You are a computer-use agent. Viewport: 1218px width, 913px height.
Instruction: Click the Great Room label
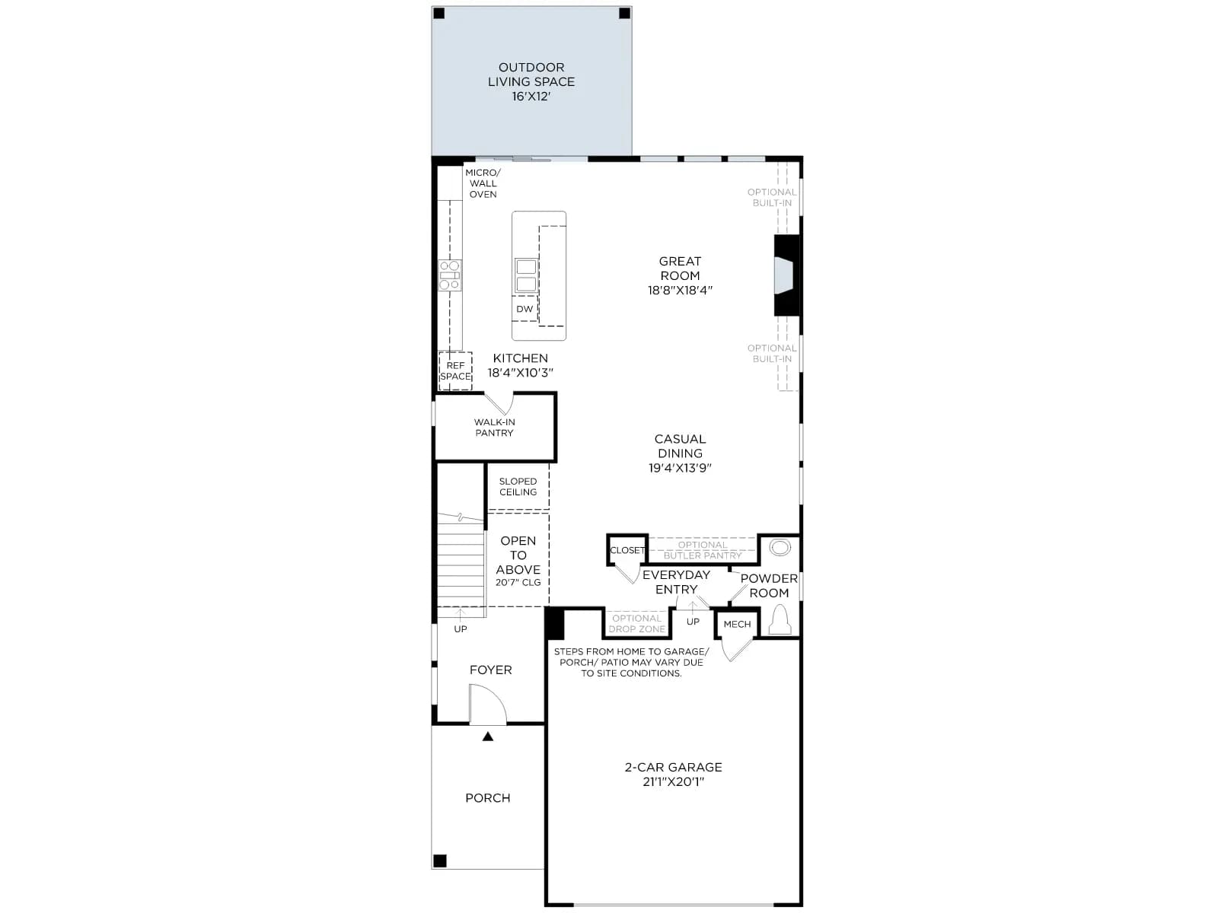[680, 269]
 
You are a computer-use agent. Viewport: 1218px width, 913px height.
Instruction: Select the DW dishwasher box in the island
[525, 309]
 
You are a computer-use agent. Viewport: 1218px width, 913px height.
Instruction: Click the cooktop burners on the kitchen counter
[449, 275]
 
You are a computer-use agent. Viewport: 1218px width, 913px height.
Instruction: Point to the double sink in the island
[526, 275]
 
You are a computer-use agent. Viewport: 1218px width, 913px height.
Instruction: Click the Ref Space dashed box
[455, 371]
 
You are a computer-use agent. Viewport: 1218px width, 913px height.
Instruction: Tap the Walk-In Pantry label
[494, 428]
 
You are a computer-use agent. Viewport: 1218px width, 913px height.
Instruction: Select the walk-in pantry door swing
[500, 403]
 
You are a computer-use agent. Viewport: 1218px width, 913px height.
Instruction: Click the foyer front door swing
[488, 704]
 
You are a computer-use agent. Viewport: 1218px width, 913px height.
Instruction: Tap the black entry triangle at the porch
[488, 736]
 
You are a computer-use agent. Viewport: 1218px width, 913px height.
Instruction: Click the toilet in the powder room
[780, 620]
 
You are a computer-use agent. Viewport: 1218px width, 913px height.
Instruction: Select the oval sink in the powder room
[780, 549]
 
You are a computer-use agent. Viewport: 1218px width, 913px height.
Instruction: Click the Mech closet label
[737, 624]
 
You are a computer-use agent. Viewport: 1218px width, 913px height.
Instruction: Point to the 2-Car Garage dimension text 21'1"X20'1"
[673, 782]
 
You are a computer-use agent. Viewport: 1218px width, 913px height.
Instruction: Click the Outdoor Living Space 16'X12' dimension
[531, 97]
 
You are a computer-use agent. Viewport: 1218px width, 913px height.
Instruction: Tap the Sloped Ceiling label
[518, 487]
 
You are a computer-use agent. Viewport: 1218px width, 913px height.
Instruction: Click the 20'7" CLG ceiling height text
[518, 583]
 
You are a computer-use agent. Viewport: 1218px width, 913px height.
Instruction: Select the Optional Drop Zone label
[636, 624]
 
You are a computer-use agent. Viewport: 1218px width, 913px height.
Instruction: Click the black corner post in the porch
[439, 861]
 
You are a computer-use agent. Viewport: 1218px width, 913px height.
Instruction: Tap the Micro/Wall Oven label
[483, 183]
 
